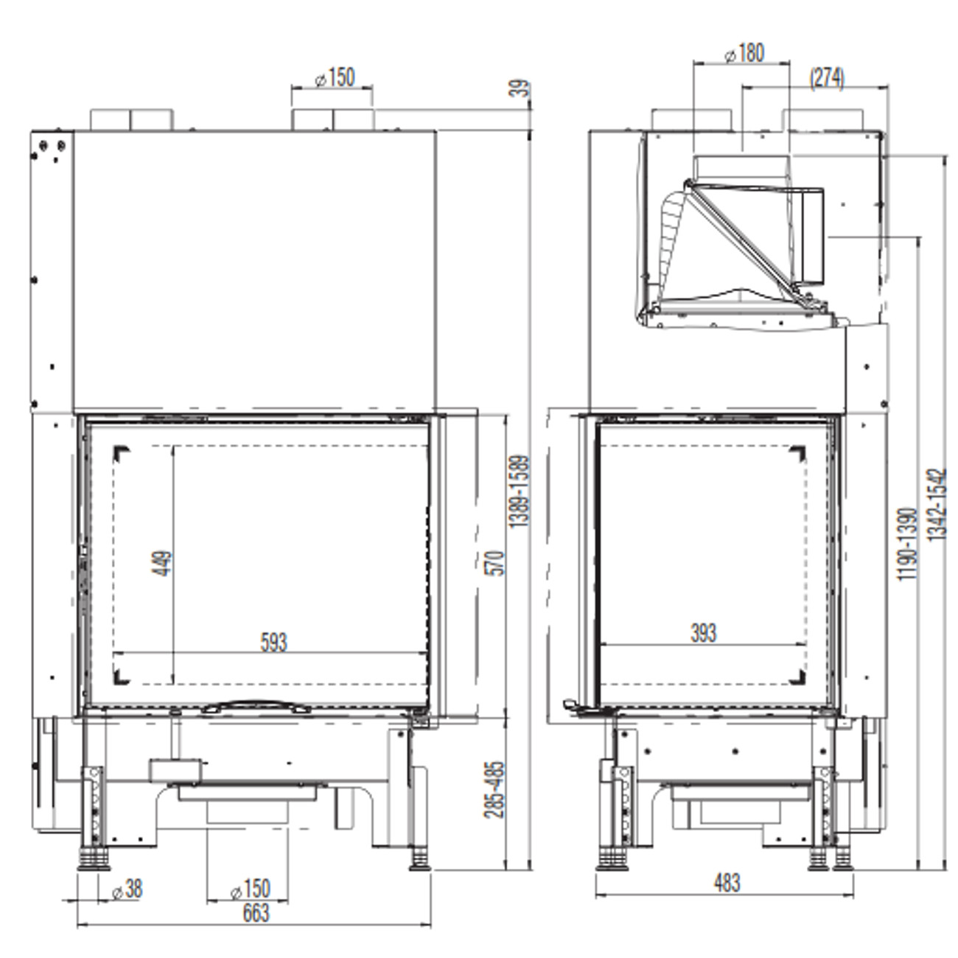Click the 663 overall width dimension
point(256,913)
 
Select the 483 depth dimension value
point(726,882)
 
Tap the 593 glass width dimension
point(273,642)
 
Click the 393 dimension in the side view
point(703,633)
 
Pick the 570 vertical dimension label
point(497,563)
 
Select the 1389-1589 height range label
point(520,491)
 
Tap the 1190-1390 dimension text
point(907,543)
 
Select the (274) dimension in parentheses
point(827,78)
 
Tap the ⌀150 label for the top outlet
point(335,77)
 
